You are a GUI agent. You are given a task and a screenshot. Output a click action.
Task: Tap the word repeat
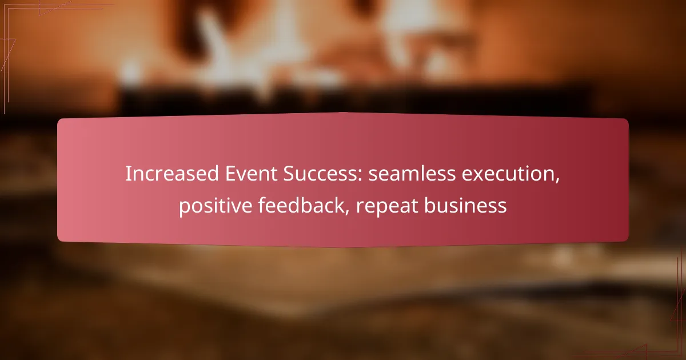pos(382,206)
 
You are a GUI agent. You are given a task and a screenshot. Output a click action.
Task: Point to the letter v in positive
pos(243,207)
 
